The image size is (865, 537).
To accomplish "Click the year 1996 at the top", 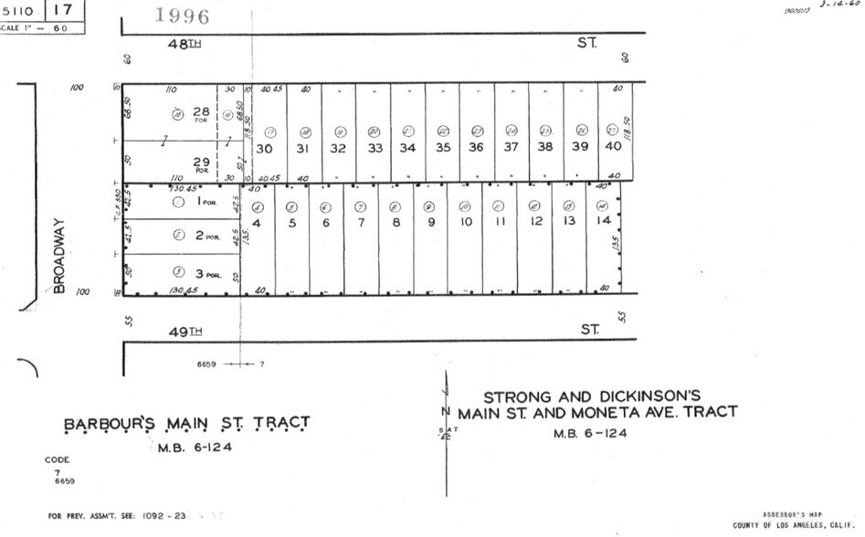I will [183, 16].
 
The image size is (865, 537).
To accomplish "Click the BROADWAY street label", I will [60, 255].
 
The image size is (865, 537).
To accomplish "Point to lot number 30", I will [265, 148].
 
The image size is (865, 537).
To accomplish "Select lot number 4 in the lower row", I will [257, 222].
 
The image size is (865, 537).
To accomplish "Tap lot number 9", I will [429, 222].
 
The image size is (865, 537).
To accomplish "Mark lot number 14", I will [602, 221].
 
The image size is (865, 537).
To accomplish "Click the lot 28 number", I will [200, 111].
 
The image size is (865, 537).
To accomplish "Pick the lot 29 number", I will [200, 162].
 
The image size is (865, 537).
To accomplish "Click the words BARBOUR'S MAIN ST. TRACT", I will [186, 424].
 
